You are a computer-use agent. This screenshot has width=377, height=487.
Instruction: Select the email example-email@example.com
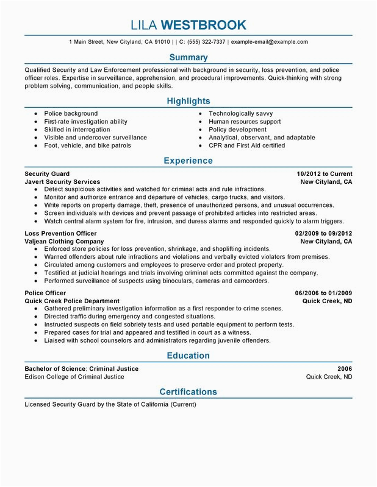pos(270,42)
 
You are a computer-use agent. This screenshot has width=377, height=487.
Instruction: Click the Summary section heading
pos(188,58)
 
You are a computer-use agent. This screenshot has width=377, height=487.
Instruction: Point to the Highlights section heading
pos(188,101)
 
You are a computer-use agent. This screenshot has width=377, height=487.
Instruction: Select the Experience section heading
pos(188,161)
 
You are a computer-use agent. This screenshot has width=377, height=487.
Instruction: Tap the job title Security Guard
pos(47,173)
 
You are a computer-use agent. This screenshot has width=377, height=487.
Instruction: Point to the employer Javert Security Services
pos(62,181)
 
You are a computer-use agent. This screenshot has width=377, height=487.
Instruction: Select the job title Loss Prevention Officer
pos(60,233)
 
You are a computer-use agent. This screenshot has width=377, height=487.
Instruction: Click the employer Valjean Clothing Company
pos(64,241)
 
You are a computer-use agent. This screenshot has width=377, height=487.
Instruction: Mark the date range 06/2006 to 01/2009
pos(323,293)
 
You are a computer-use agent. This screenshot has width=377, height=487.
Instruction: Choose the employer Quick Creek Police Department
pos(72,301)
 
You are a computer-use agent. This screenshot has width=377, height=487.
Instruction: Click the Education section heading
pos(188,356)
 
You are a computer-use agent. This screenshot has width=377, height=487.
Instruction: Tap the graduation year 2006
pos(345,369)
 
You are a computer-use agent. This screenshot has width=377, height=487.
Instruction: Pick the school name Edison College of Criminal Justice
pos(74,377)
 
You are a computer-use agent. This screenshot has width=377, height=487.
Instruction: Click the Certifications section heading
pos(188,391)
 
